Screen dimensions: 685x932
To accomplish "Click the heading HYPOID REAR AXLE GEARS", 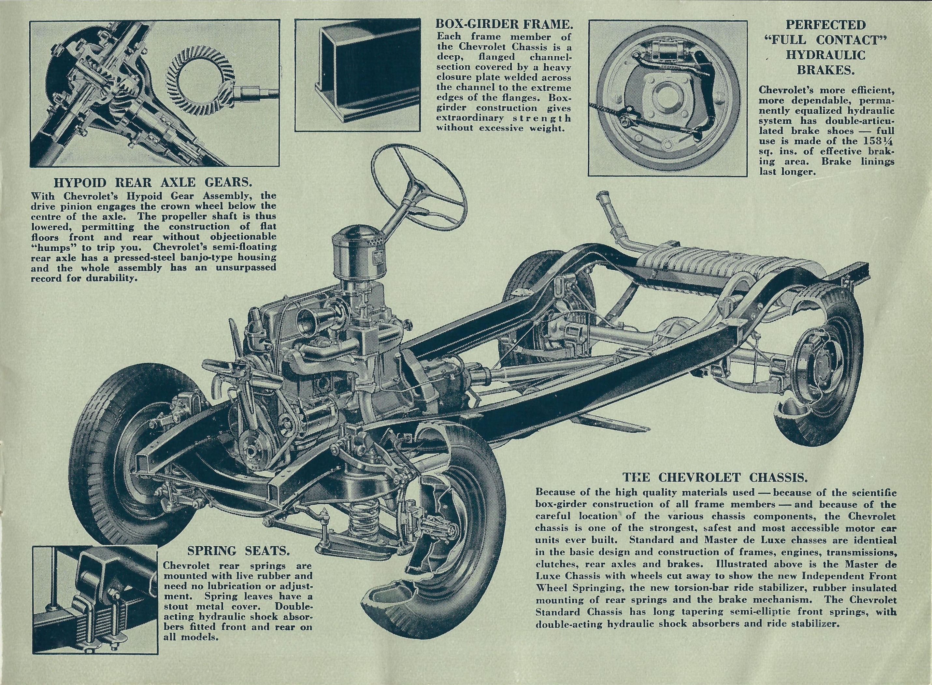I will coord(153,183).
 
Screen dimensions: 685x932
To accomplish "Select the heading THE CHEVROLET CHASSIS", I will coord(712,478).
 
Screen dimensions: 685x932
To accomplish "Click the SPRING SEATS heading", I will coord(238,551).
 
